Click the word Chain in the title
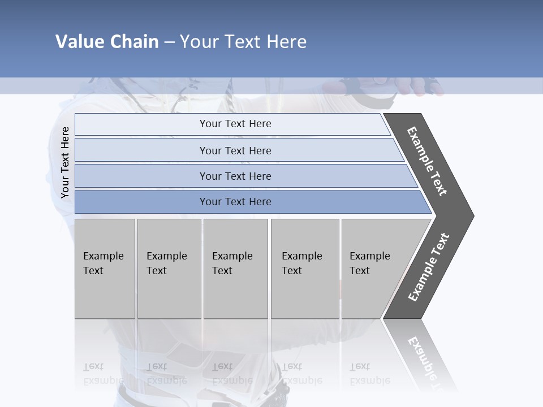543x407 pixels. [134, 42]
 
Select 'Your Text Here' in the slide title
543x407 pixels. [243, 42]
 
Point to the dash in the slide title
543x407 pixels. [169, 42]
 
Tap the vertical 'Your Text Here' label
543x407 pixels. [65, 163]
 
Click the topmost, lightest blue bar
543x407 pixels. [235, 124]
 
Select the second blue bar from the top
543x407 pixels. [235, 150]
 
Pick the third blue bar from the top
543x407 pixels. [235, 176]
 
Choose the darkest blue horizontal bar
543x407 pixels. [235, 202]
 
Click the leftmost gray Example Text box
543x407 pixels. [105, 269]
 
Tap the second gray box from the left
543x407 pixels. [169, 269]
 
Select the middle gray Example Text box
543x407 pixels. [235, 269]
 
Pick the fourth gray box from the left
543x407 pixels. [305, 269]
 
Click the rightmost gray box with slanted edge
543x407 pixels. [373, 269]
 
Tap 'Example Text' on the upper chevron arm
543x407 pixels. [427, 161]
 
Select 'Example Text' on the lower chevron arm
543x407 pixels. [429, 267]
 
